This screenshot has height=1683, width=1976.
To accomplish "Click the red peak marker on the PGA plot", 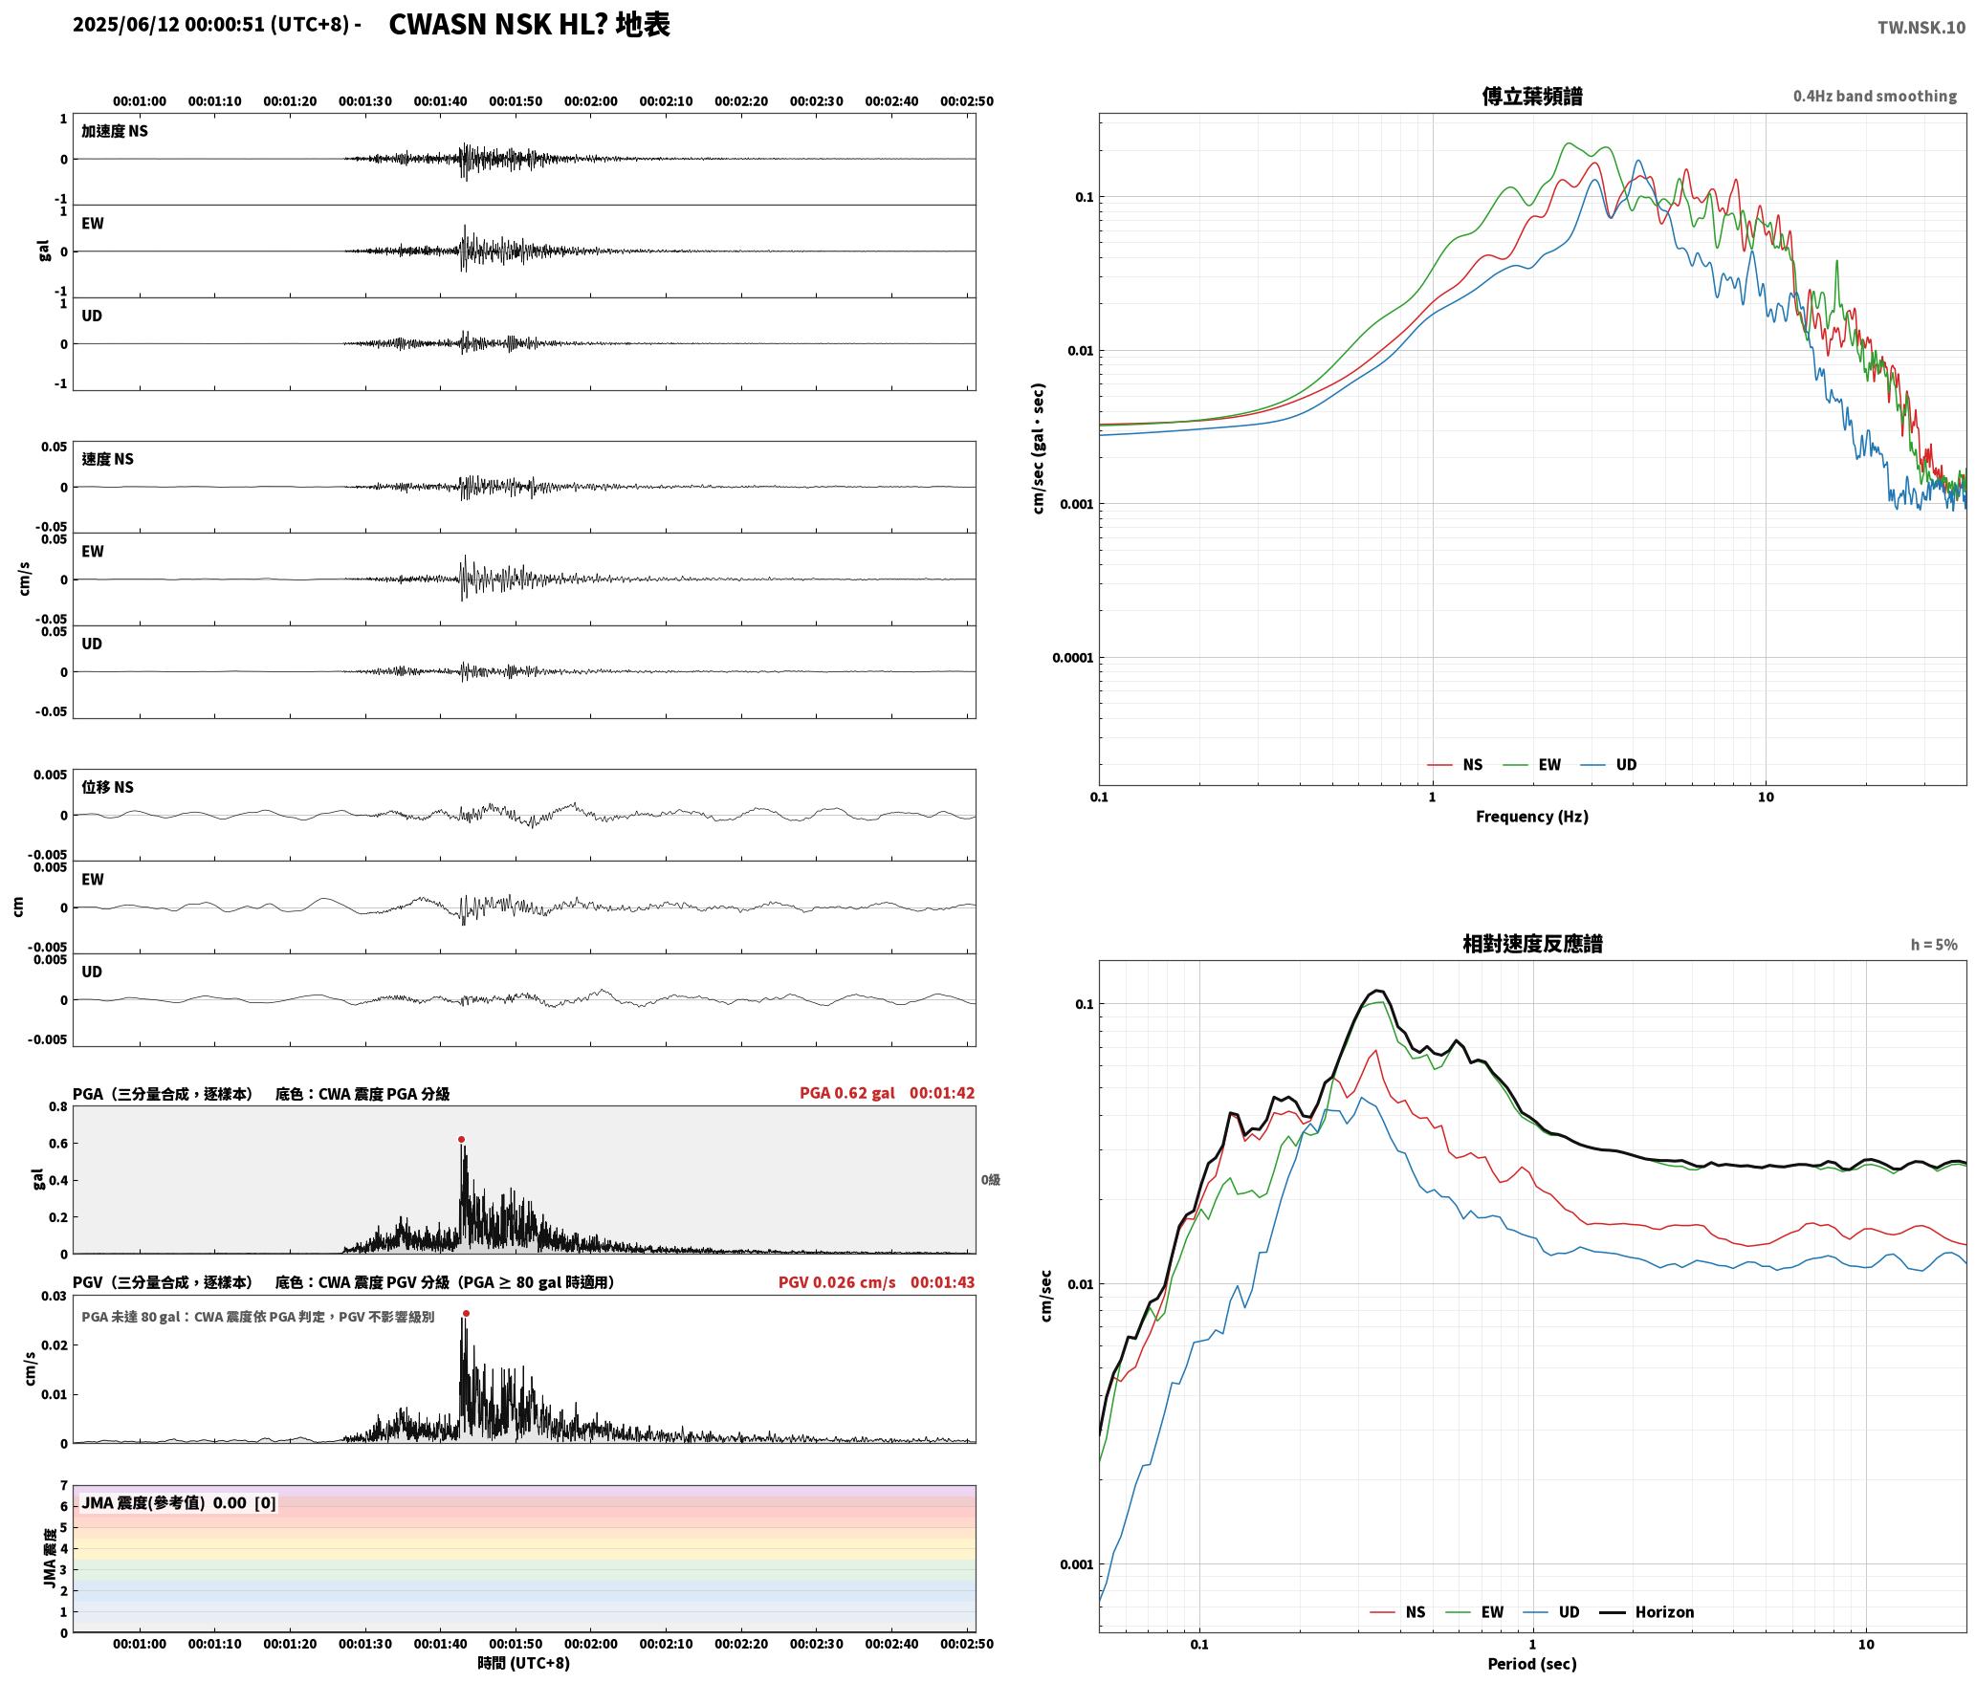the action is [461, 1140].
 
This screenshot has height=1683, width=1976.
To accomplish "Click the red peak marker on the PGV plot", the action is [466, 1314].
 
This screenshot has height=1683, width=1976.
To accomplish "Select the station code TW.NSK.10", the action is [1921, 28].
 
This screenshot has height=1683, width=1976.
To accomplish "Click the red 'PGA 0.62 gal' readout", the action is [846, 1093].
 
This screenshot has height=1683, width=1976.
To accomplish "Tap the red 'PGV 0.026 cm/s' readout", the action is [837, 1282].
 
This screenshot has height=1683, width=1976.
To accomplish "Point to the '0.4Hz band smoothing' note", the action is [1875, 97].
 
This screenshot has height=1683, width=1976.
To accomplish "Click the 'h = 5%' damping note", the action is [1934, 945].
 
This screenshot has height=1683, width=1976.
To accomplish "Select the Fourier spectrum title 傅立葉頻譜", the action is [1532, 96].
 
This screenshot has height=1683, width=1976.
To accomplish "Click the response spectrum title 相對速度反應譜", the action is [1532, 944].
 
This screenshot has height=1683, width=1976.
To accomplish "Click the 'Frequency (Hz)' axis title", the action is [1532, 817].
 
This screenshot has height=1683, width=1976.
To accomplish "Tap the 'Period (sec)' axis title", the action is [1532, 1664].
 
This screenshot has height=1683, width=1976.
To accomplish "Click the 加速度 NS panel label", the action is [115, 131].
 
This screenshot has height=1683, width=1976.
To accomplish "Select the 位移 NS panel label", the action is [107, 787].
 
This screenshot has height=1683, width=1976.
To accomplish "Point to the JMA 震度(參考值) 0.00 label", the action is [165, 1503].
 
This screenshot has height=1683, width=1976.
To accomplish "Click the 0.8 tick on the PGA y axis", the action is [58, 1107].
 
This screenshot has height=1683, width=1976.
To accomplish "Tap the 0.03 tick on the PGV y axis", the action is [55, 1297].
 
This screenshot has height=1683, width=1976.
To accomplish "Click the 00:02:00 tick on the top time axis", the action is [591, 101].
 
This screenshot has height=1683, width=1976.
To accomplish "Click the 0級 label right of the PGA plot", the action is [991, 1180].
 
